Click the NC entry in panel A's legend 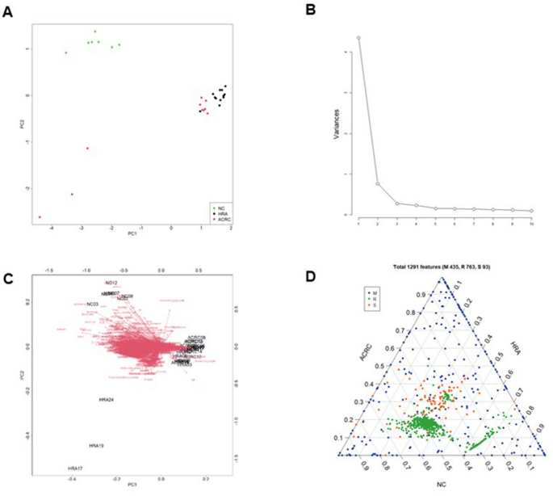[x=220, y=208]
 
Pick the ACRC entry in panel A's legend [x=222, y=219]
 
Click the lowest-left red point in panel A [x=40, y=216]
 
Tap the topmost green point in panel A [x=94, y=32]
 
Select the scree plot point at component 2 [x=378, y=183]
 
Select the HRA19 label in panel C [x=96, y=446]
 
